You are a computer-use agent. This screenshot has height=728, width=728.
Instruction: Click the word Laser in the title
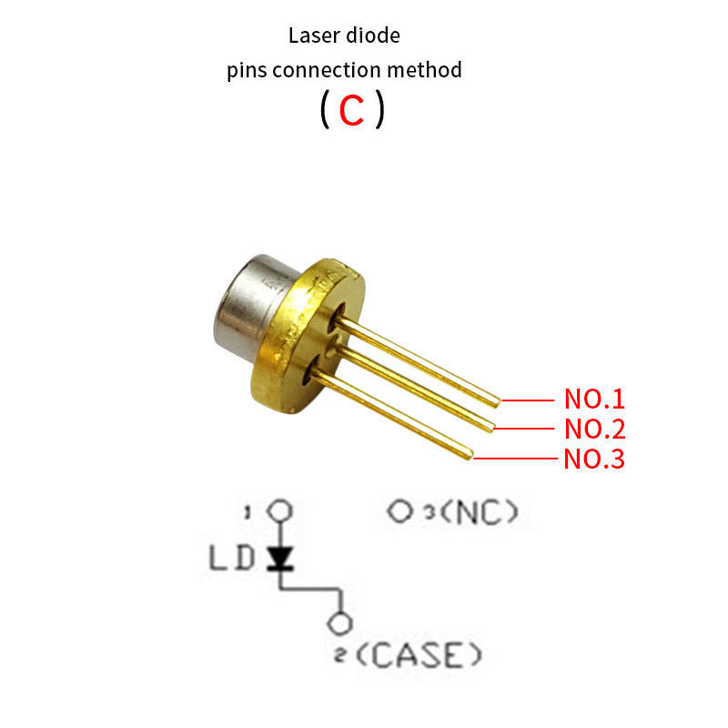313,35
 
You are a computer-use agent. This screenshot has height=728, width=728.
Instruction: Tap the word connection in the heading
327,70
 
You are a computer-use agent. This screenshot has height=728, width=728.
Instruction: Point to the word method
424,70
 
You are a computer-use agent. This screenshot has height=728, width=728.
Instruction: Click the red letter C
351,110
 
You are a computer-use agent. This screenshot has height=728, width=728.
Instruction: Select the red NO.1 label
594,399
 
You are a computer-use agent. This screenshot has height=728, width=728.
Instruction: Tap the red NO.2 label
595,429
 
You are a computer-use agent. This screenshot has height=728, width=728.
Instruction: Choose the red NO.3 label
594,460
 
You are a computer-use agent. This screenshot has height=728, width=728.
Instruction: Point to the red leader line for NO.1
528,400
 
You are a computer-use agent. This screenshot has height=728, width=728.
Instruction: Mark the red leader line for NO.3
515,459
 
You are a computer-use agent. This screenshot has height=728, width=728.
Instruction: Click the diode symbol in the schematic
280,558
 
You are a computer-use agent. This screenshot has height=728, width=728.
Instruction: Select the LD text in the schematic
232,558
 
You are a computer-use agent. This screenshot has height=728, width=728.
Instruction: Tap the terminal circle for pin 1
279,511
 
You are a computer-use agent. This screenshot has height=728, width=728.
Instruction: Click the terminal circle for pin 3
399,511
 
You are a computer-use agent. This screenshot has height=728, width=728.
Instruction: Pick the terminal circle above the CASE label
339,623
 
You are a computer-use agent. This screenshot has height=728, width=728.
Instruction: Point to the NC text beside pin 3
478,511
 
